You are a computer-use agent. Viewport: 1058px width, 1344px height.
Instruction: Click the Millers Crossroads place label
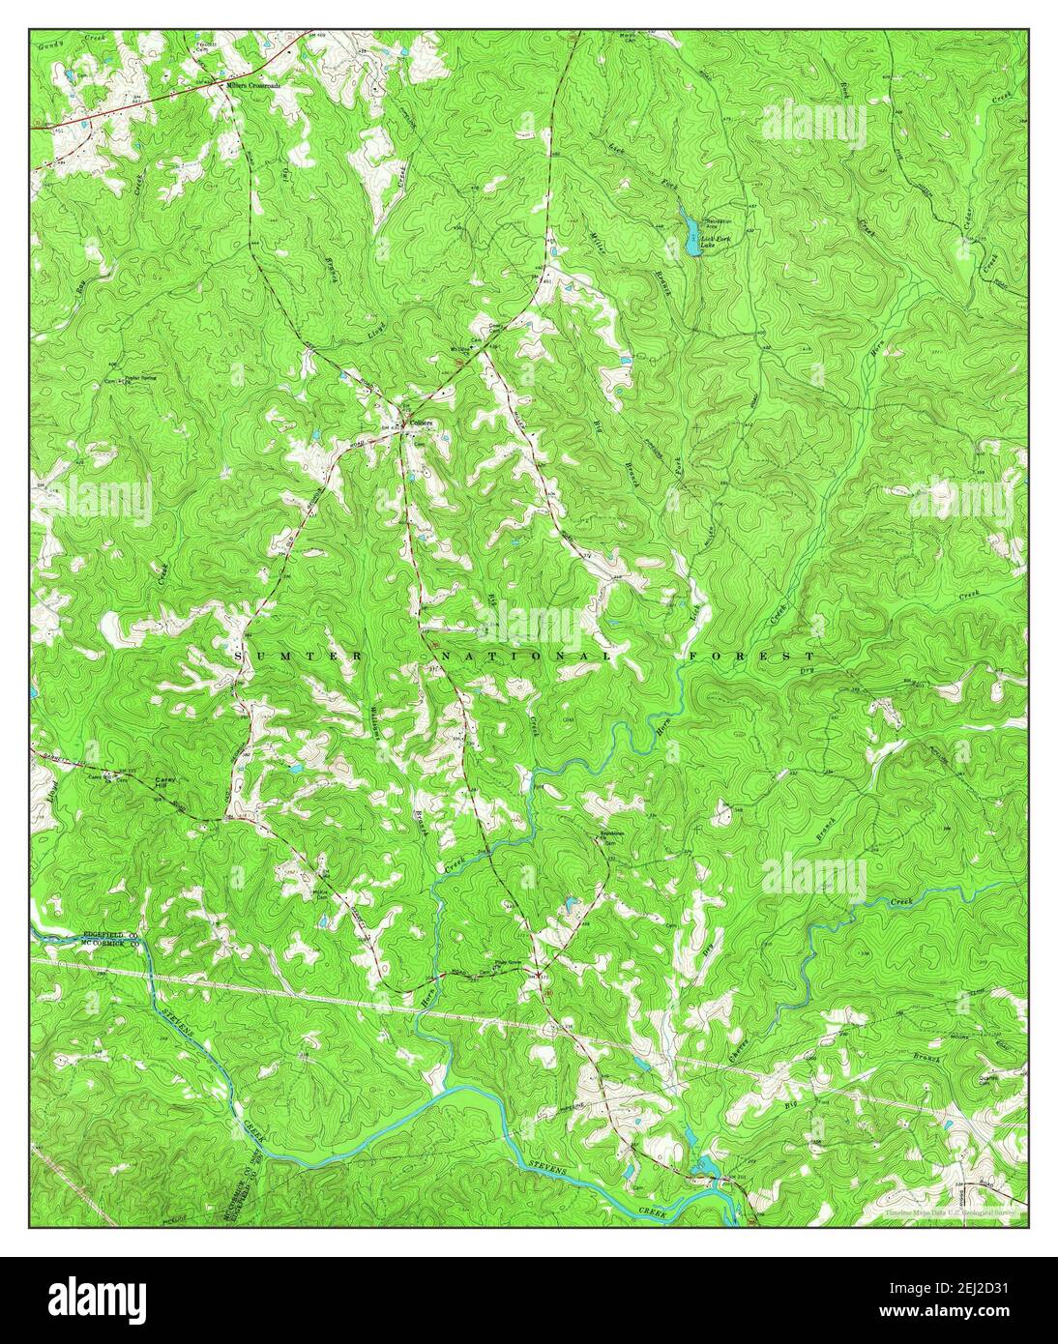coord(253,85)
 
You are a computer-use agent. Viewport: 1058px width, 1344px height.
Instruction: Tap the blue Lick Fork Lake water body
coord(689,232)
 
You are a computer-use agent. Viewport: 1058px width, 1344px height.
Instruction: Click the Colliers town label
coord(421,423)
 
